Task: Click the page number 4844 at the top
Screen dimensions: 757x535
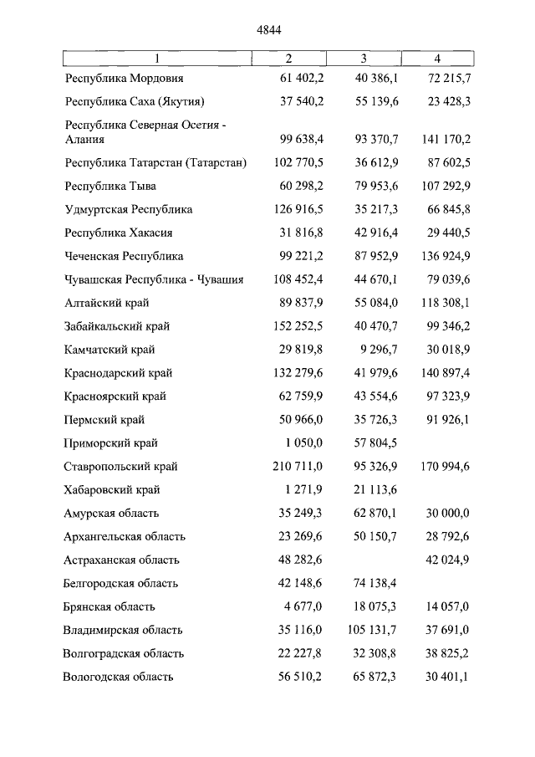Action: coord(269,29)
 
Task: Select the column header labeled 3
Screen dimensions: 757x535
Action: coord(364,59)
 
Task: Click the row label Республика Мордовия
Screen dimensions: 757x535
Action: coord(124,79)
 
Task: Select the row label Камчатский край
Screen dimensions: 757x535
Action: coord(110,350)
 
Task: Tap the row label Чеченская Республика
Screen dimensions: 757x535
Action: coord(123,256)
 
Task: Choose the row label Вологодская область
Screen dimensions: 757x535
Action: coord(118,678)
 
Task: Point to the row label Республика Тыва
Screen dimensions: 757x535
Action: coord(110,186)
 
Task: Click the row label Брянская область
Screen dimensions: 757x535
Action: coord(109,607)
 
